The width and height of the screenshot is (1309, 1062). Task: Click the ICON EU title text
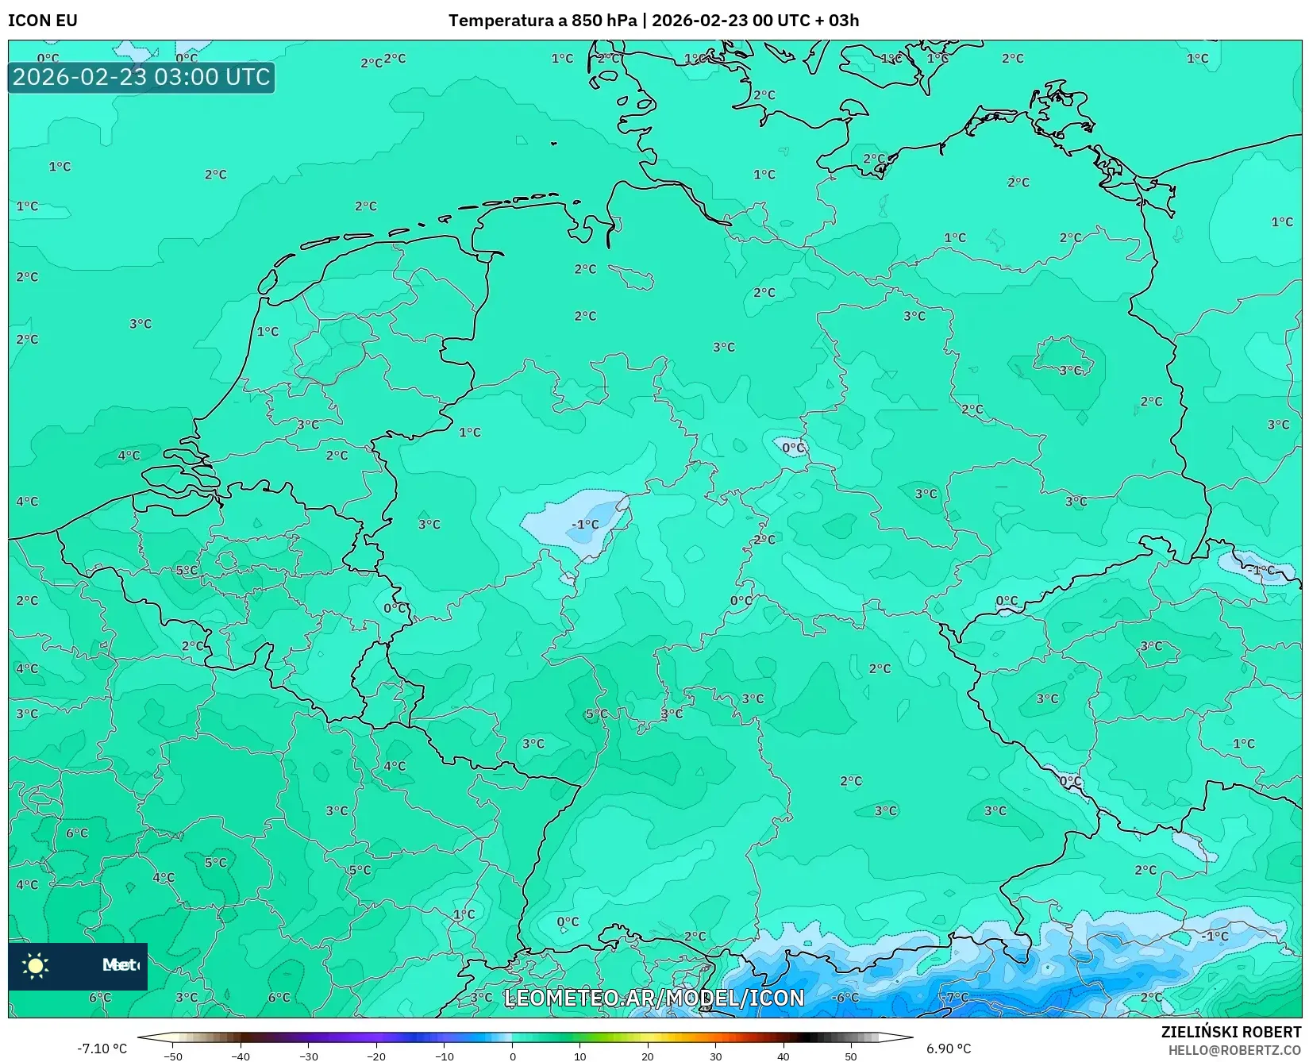(43, 21)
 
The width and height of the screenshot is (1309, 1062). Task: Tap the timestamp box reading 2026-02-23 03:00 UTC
(141, 78)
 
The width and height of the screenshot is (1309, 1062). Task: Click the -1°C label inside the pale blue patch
(586, 525)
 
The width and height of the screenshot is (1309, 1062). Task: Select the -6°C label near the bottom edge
(845, 997)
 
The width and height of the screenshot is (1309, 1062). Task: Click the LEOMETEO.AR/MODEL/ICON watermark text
(654, 998)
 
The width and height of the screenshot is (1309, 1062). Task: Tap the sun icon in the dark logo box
(36, 965)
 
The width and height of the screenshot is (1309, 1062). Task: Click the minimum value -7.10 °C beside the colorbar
(102, 1049)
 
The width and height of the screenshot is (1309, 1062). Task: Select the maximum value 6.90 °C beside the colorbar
(948, 1049)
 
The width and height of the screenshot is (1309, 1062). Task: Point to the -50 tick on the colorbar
(173, 1056)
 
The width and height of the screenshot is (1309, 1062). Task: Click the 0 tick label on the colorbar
(512, 1056)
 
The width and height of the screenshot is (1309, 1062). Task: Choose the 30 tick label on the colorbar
(715, 1056)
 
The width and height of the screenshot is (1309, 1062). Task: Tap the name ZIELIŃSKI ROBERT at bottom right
(1231, 1032)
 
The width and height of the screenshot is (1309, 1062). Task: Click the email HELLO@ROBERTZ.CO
(1234, 1050)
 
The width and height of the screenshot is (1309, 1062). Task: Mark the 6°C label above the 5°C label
(77, 833)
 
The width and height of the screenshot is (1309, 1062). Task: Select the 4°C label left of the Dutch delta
(129, 456)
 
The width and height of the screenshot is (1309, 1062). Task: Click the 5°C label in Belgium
(187, 571)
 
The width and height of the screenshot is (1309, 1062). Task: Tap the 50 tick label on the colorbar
(850, 1056)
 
